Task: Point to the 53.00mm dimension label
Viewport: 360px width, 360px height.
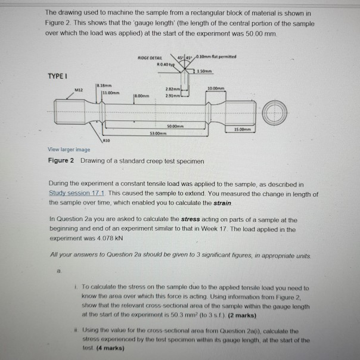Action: click(x=156, y=134)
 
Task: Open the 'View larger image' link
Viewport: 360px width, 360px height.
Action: click(x=69, y=150)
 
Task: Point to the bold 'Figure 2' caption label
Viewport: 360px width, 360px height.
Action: click(x=61, y=161)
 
